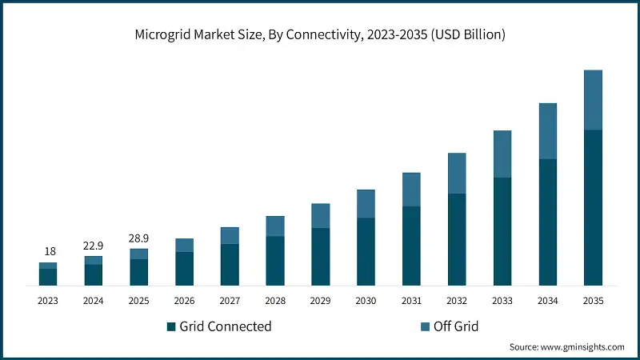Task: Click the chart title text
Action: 319,34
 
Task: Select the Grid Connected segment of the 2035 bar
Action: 593,207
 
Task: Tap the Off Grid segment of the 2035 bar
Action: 593,100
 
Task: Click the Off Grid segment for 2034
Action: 547,131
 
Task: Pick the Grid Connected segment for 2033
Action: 502,231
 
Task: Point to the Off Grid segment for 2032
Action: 457,174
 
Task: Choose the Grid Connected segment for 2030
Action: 366,251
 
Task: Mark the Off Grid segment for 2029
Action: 320,216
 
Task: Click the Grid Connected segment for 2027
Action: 230,264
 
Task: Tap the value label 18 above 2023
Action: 48,252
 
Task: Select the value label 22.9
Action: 94,246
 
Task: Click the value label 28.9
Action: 139,238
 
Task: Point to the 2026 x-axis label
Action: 184,302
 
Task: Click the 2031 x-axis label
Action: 411,302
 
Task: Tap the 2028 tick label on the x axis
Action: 275,302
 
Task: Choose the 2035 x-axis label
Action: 593,302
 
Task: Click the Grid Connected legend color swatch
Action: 170,326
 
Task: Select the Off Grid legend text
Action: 455,326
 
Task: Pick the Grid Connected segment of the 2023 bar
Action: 48,277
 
